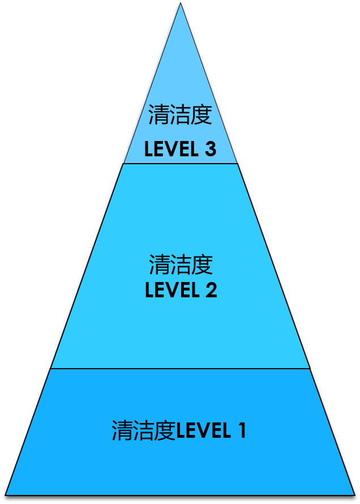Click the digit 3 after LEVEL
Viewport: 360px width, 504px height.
(210, 150)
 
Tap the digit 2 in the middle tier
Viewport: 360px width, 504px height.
(210, 290)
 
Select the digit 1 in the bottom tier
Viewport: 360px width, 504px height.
(241, 431)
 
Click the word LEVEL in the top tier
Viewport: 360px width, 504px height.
(170, 150)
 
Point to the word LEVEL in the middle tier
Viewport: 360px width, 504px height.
(171, 290)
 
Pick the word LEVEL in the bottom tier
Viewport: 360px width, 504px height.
(203, 431)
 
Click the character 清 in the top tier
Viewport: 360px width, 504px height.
(159, 115)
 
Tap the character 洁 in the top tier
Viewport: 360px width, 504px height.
(180, 115)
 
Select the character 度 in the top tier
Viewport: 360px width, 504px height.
(202, 115)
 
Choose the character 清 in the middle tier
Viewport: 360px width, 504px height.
(160, 264)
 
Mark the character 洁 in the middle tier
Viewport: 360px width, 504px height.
(181, 264)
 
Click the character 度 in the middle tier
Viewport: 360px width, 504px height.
(202, 264)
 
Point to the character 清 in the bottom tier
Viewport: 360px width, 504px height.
(122, 431)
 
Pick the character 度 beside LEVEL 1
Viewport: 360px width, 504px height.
(165, 431)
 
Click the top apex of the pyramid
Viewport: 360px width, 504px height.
(180, 5)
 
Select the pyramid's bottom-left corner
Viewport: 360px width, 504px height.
(7, 494)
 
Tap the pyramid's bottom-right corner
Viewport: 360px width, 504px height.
(353, 494)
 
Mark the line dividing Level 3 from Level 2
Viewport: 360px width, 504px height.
(180, 164)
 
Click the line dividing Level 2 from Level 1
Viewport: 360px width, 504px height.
(180, 369)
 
